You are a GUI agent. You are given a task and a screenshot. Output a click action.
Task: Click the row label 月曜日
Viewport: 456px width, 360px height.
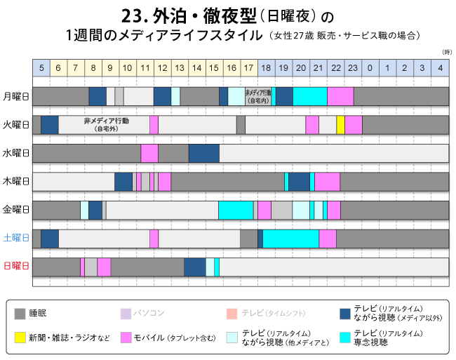click(15, 96)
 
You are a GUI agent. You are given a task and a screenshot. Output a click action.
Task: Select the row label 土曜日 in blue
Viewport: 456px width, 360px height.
click(15, 239)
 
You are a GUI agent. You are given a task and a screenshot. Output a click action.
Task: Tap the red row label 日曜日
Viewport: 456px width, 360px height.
click(15, 267)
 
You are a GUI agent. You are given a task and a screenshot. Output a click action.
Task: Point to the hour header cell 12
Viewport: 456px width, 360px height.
click(162, 67)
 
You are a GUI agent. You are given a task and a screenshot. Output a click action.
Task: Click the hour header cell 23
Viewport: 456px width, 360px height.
click(353, 67)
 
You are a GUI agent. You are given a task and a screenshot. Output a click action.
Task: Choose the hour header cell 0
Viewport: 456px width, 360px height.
click(370, 67)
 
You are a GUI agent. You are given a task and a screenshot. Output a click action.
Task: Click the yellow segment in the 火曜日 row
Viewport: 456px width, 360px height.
click(340, 125)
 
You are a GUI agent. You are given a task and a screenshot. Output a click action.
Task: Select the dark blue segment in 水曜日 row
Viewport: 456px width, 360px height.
click(203, 153)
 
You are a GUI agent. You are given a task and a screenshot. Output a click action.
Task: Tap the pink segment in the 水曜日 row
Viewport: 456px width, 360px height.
click(149, 153)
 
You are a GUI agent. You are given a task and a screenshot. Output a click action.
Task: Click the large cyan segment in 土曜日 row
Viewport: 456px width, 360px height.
click(290, 239)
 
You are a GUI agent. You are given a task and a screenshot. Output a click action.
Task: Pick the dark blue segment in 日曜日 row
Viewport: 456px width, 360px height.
click(194, 267)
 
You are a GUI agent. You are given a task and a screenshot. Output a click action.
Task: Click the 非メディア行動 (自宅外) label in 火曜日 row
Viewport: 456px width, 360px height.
click(106, 124)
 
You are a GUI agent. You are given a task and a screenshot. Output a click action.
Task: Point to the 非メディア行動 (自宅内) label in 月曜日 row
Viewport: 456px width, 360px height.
click(258, 96)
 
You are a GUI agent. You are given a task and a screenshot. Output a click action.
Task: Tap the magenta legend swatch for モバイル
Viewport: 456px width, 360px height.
click(127, 336)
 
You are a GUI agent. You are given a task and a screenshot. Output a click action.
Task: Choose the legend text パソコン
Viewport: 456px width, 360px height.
click(150, 313)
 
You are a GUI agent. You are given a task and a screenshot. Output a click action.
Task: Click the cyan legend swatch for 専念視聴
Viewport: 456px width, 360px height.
click(344, 336)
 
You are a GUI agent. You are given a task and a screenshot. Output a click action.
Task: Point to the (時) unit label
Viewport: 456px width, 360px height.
click(447, 53)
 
